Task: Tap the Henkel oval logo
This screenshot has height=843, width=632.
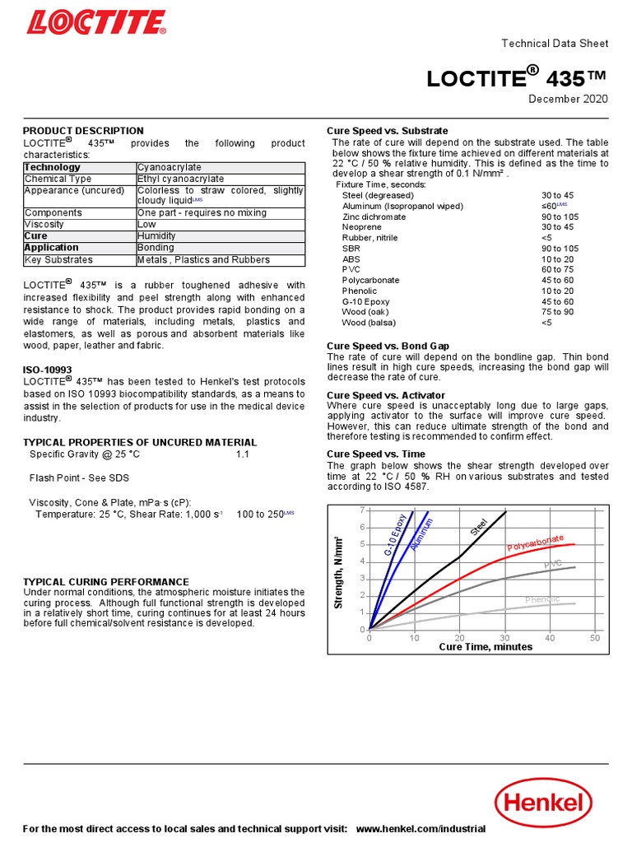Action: click(x=543, y=804)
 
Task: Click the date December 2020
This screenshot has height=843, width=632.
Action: click(x=568, y=100)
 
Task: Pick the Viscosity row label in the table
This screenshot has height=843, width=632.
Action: click(x=44, y=224)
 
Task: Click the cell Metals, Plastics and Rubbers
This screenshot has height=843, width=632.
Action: click(x=203, y=259)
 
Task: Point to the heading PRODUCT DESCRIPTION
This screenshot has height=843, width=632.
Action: click(x=83, y=131)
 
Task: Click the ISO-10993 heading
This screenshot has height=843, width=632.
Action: click(x=47, y=370)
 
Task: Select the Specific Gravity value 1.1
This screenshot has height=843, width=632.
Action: click(x=242, y=454)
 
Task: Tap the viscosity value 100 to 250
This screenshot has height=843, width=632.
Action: click(x=259, y=514)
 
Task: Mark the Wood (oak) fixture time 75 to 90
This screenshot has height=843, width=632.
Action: click(x=558, y=312)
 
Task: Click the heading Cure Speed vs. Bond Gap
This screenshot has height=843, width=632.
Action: click(x=388, y=346)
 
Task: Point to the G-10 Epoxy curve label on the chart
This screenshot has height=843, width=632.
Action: click(x=395, y=536)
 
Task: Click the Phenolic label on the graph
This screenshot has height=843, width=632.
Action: click(x=542, y=599)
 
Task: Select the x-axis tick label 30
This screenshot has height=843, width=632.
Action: click(x=505, y=638)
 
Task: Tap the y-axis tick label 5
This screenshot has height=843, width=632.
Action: click(x=362, y=544)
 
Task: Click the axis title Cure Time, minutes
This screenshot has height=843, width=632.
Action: click(x=486, y=647)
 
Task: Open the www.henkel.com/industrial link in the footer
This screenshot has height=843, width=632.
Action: click(x=421, y=828)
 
